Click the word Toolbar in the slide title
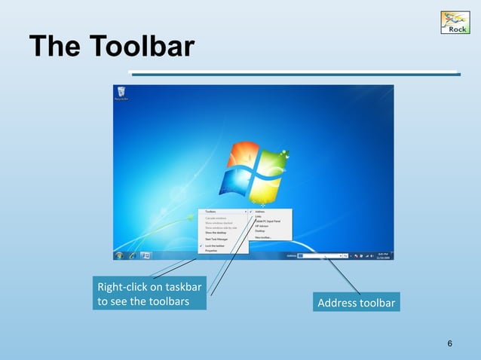[x=144, y=47]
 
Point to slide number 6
[x=450, y=344]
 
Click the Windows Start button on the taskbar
[x=118, y=256]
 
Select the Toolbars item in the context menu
[x=212, y=212]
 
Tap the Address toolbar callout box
[x=357, y=303]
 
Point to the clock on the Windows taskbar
[x=383, y=256]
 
